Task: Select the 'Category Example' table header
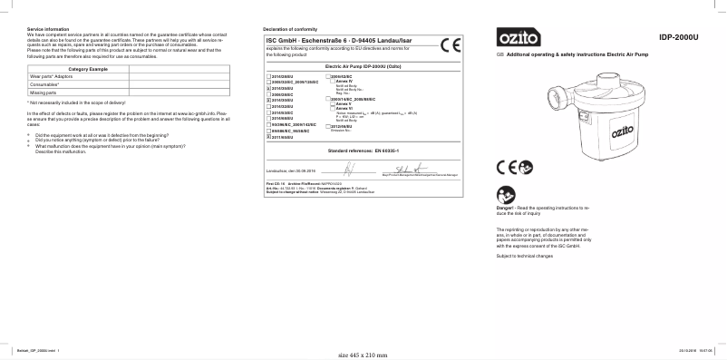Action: click(x=88, y=70)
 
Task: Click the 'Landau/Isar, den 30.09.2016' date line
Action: click(x=289, y=170)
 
